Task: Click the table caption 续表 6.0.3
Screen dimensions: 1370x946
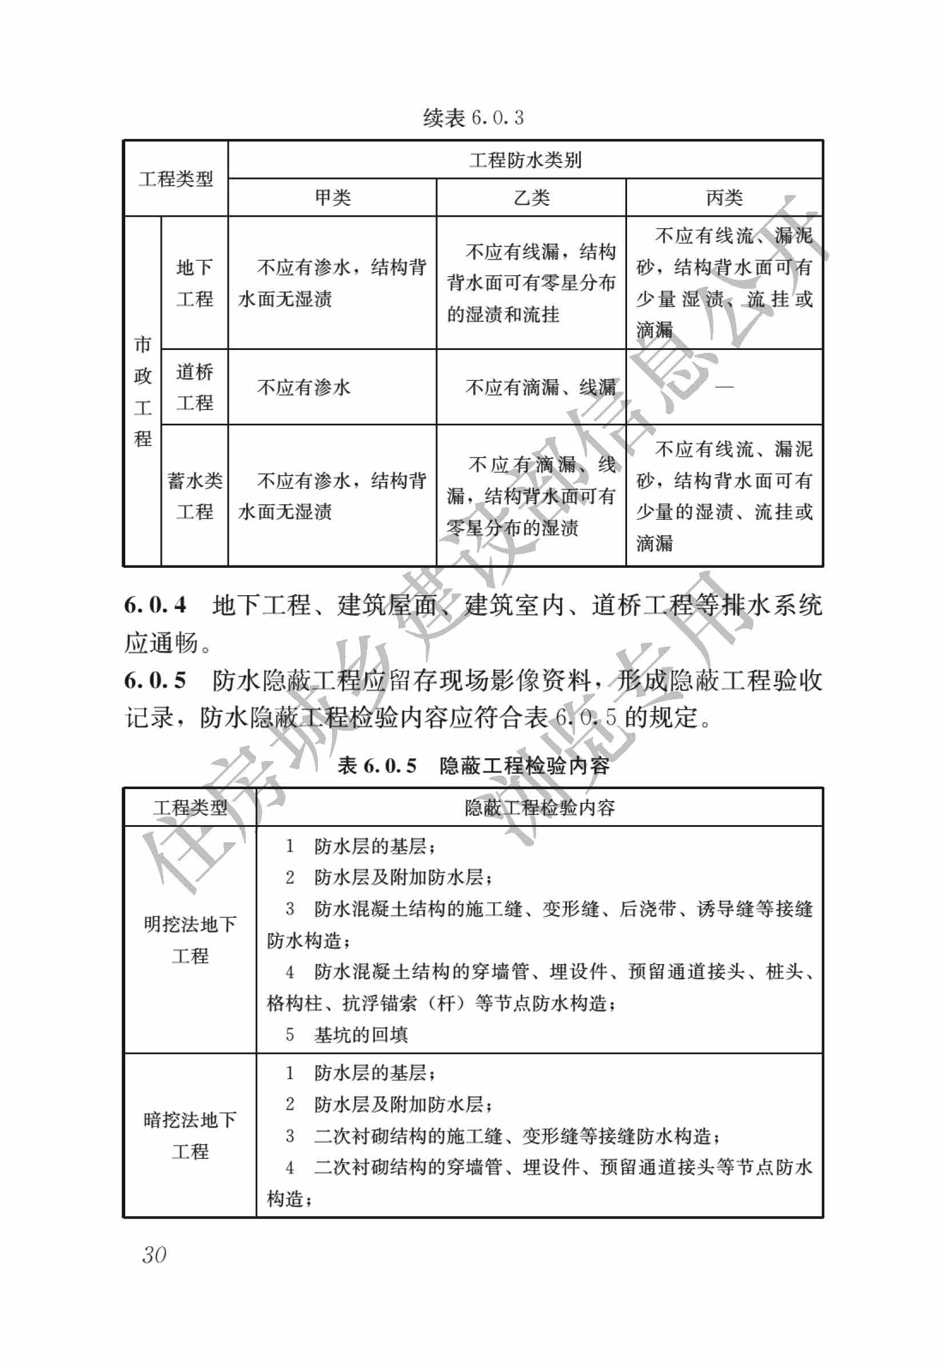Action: pyautogui.click(x=473, y=117)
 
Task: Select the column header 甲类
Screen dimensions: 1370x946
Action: pyautogui.click(x=333, y=197)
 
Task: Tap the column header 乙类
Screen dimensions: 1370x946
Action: pyautogui.click(x=531, y=197)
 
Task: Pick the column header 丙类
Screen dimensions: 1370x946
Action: pyautogui.click(x=724, y=197)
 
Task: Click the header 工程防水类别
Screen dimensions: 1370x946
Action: pyautogui.click(x=525, y=160)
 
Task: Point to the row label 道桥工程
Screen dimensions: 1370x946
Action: pyautogui.click(x=194, y=387)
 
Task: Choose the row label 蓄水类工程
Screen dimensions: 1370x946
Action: pyautogui.click(x=194, y=496)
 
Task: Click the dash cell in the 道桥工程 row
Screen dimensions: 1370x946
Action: pyautogui.click(x=724, y=387)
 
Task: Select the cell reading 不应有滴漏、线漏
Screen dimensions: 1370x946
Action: pyautogui.click(x=541, y=387)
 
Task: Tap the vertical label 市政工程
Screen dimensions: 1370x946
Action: pyautogui.click(x=143, y=391)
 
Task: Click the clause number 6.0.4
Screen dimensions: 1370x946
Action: pyautogui.click(x=155, y=605)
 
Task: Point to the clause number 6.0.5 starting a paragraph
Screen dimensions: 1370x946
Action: pyautogui.click(x=155, y=680)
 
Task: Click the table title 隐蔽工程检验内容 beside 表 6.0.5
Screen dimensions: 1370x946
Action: pyautogui.click(x=524, y=766)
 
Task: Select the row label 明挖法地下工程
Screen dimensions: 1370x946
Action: pyautogui.click(x=190, y=939)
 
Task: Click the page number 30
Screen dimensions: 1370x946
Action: pyautogui.click(x=154, y=1254)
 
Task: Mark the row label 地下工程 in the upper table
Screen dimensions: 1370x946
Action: pyautogui.click(x=194, y=283)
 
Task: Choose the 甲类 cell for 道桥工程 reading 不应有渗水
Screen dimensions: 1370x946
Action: pyautogui.click(x=304, y=387)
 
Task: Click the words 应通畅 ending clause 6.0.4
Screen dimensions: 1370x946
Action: pyautogui.click(x=161, y=643)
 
